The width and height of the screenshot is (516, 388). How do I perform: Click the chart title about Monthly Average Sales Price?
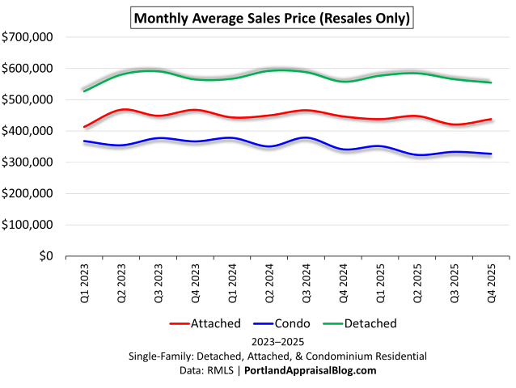click(x=271, y=17)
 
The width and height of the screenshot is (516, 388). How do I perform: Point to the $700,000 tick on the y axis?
click(x=27, y=37)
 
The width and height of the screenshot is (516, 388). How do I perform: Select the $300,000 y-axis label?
click(x=27, y=162)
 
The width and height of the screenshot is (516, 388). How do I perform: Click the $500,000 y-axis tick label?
click(x=27, y=99)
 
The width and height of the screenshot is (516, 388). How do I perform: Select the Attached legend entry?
click(x=205, y=324)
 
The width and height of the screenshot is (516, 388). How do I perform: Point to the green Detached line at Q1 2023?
click(x=85, y=91)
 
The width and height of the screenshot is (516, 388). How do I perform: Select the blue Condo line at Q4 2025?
click(x=491, y=154)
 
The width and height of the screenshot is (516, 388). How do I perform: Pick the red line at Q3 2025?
click(x=455, y=124)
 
